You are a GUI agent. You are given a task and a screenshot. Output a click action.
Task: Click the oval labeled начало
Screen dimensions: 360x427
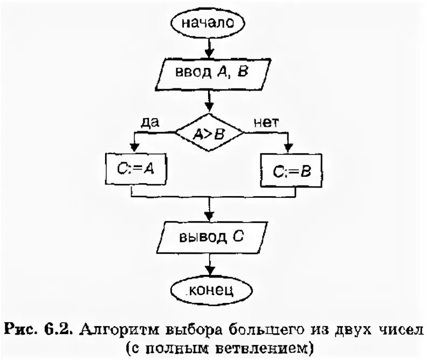(x=208, y=24)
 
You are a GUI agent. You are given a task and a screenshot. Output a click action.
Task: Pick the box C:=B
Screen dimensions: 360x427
(x=290, y=171)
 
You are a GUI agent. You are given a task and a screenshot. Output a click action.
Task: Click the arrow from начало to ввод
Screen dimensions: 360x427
(x=208, y=47)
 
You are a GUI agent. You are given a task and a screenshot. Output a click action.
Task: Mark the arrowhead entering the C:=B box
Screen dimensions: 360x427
(x=290, y=150)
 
